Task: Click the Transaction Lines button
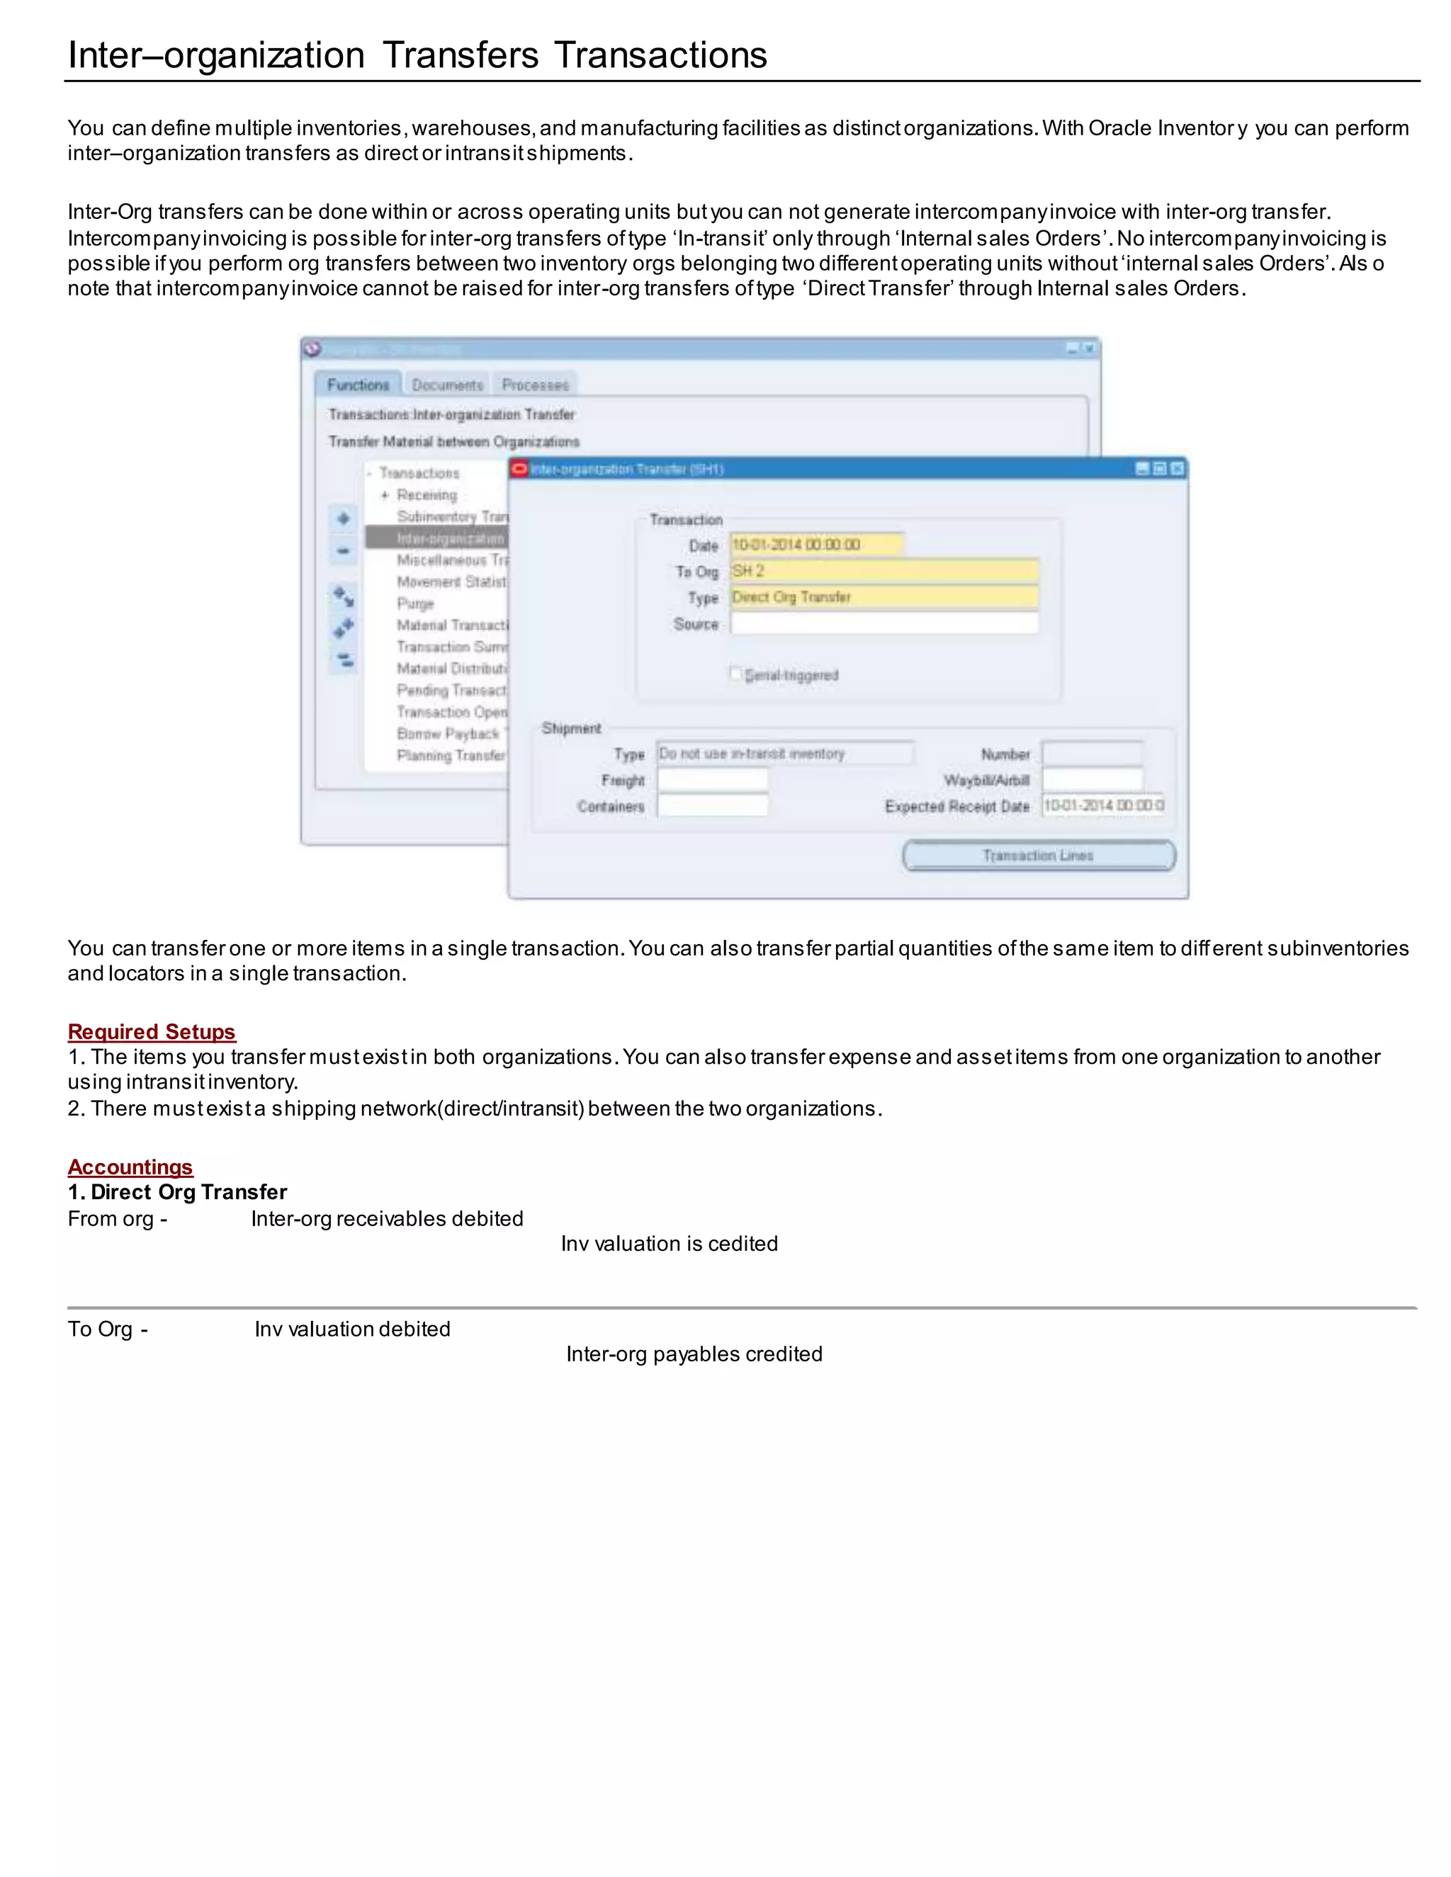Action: (1039, 855)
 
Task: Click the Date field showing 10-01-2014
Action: (815, 545)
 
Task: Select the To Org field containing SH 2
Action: (883, 571)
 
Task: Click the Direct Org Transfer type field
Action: (883, 596)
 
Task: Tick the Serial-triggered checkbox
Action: (736, 674)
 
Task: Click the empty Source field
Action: (883, 624)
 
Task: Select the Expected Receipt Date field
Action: (1103, 805)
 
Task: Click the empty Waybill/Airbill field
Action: (1092, 780)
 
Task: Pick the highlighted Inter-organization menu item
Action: (448, 538)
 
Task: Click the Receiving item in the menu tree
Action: (427, 495)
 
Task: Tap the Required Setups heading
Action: (152, 1031)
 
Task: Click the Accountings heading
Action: (130, 1167)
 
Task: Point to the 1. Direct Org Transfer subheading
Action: (177, 1192)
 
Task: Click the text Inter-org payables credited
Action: (694, 1354)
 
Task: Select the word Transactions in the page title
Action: (660, 55)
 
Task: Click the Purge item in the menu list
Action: (415, 603)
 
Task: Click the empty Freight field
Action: (712, 780)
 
